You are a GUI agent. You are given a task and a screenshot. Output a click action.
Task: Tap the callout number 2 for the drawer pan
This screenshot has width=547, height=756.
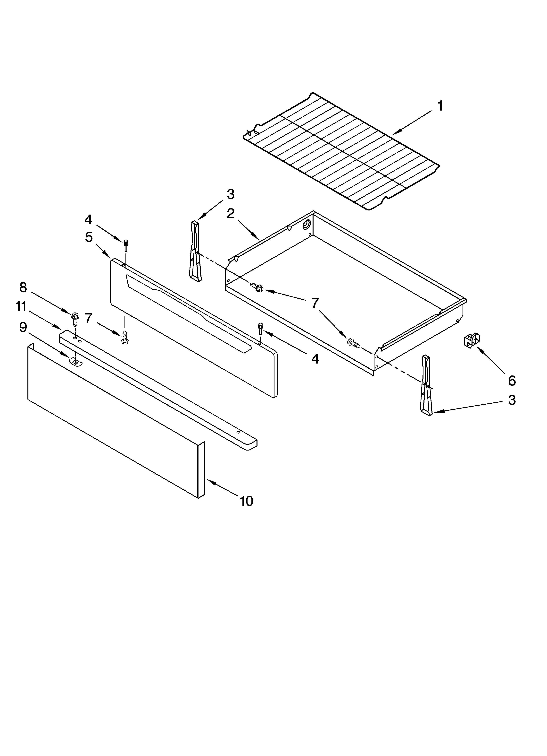click(x=231, y=214)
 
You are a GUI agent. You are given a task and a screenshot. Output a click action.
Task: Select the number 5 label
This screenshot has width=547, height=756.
click(x=89, y=237)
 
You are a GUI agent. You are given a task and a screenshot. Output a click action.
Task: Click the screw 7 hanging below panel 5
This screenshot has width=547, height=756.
click(x=125, y=338)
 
